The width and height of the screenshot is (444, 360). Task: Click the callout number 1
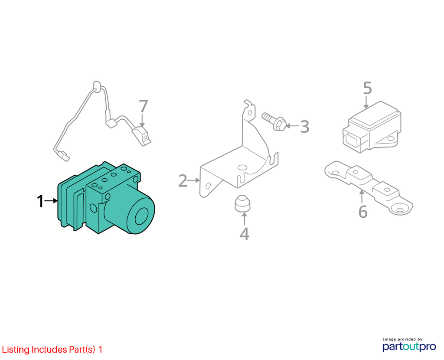point(40,201)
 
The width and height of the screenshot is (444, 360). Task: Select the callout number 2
point(183,180)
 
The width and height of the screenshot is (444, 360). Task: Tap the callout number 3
point(304,126)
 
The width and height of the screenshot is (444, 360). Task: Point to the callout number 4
point(245,234)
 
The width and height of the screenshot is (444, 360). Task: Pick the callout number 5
point(367,88)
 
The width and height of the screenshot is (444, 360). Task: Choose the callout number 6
point(363,212)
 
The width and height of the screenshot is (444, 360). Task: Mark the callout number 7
point(143,106)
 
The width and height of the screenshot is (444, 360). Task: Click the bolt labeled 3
point(274,122)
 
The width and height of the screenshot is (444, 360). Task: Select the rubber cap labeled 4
point(243,203)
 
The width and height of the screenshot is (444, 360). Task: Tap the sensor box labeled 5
point(372,127)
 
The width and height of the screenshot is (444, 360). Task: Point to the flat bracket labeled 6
point(369,187)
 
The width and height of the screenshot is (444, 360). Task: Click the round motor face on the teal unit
point(141,216)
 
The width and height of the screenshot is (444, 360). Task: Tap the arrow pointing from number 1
point(51,201)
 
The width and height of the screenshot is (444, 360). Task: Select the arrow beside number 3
point(293,125)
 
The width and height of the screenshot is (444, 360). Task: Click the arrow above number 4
point(244,218)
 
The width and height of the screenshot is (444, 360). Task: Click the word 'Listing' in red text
point(16,350)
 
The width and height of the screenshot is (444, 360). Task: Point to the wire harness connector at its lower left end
point(63,156)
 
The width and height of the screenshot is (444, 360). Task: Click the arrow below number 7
point(142,120)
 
